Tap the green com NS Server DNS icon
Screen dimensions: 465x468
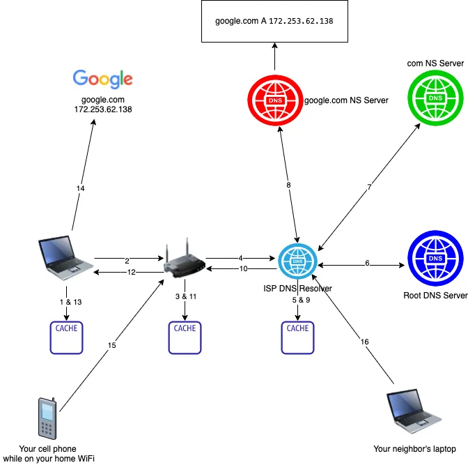tap(435, 100)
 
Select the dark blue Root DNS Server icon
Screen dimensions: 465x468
tap(435, 259)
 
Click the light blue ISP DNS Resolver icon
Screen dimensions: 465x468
tap(297, 263)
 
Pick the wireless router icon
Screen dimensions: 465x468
tap(184, 261)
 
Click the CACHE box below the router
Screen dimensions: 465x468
tap(185, 336)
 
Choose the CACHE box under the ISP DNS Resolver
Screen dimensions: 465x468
tap(297, 336)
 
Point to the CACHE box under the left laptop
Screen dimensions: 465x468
tap(67, 336)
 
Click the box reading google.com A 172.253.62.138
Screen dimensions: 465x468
tap(274, 22)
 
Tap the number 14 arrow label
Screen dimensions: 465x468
tap(80, 188)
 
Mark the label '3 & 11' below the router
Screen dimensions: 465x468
tap(185, 296)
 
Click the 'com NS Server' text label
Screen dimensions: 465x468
tap(435, 63)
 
